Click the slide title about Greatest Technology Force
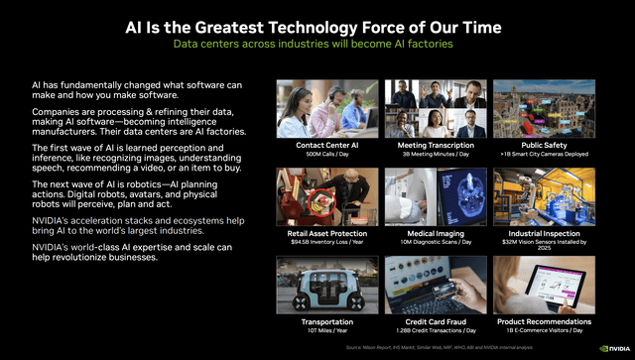[317, 27]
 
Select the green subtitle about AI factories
[317, 45]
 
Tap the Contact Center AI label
[325, 145]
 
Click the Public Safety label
[544, 145]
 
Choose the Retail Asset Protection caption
[325, 233]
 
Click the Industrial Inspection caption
[544, 233]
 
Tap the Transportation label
[325, 321]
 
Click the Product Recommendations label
[544, 321]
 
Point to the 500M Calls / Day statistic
[325, 155]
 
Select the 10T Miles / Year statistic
[325, 331]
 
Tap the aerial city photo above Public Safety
[544, 107]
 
